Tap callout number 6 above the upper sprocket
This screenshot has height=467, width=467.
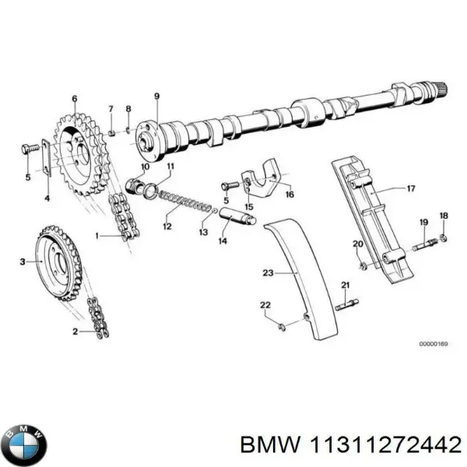[75, 99]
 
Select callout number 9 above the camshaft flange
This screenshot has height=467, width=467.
[156, 96]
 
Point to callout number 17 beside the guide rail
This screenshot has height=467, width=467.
[412, 188]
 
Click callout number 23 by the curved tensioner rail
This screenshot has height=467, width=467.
[267, 272]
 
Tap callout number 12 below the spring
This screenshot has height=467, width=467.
[167, 227]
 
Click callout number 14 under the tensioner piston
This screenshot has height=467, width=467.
[223, 242]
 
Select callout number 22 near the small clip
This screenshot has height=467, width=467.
[265, 304]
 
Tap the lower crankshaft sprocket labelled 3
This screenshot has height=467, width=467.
[59, 261]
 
